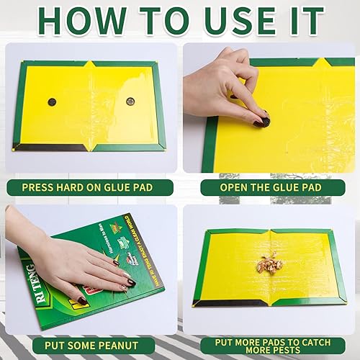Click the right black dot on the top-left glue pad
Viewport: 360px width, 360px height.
point(130,102)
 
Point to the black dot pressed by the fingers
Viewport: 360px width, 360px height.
point(264,122)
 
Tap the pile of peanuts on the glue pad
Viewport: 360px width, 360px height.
point(271,263)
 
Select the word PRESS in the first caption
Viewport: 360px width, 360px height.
point(41,188)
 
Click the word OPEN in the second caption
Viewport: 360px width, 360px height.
point(226,188)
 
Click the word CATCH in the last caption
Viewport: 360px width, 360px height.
point(318,340)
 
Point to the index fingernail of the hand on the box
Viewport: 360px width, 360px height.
point(132,282)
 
